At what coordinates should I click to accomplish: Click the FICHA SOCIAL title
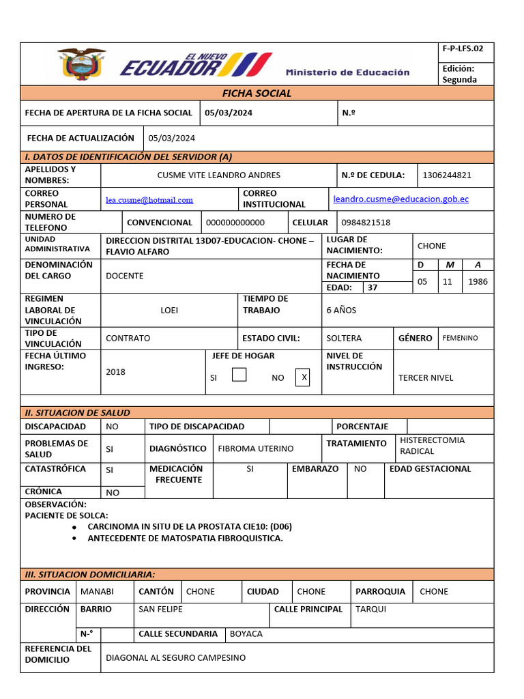coord(257,93)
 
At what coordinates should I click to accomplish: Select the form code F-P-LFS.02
coord(463,48)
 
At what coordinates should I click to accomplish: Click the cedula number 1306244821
coord(447,175)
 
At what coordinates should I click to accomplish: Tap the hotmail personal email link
coord(149,200)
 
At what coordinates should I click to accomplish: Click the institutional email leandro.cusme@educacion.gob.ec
coord(401,199)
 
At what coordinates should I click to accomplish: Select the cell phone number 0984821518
coord(366,222)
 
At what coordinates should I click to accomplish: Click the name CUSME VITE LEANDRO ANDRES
coord(218,175)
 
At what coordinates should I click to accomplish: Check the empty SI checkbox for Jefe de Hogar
coord(239,375)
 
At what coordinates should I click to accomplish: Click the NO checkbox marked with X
coord(303,377)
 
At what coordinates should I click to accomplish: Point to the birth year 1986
coord(478,281)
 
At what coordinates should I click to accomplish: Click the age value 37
coord(373,287)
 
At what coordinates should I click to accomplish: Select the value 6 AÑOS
coord(341,310)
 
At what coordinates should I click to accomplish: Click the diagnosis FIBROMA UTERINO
coord(255,448)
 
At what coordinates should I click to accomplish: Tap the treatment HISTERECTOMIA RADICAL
coord(432,446)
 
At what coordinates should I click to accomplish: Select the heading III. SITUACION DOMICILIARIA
coord(90,575)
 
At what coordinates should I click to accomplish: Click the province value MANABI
coord(97,591)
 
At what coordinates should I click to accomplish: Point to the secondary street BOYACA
coord(246,633)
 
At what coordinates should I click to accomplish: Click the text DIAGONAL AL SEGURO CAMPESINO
coord(175,657)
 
